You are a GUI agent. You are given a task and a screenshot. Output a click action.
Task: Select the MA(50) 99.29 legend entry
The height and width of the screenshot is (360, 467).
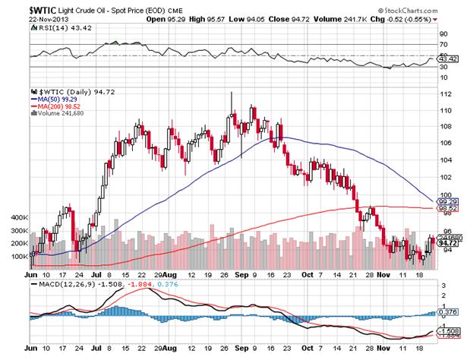click(55, 99)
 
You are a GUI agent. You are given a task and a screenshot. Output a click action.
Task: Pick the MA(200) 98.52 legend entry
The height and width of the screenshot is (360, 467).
click(57, 106)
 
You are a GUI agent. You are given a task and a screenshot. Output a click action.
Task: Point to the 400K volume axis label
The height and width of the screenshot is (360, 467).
click(17, 216)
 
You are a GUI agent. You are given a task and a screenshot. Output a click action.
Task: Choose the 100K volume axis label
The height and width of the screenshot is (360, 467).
click(17, 257)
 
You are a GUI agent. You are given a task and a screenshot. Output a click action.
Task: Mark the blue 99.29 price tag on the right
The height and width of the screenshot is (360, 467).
click(450, 201)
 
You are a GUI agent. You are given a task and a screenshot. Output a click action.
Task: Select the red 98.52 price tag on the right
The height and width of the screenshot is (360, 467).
click(450, 207)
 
